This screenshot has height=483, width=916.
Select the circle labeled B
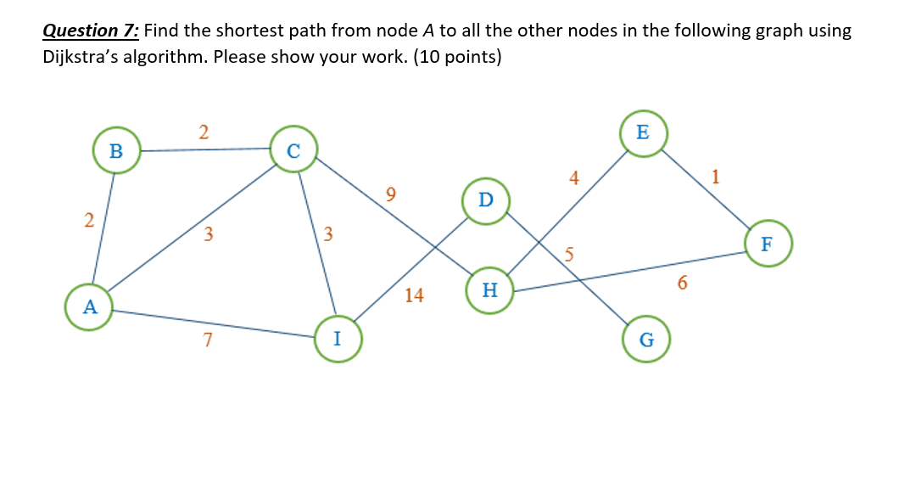[116, 151]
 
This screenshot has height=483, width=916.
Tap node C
[294, 151]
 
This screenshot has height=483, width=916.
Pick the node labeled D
[485, 200]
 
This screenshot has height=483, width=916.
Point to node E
[642, 132]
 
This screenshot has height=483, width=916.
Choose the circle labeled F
[768, 244]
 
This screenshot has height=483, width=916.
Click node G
[646, 340]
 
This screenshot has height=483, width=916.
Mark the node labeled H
[489, 290]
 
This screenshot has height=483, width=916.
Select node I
[338, 339]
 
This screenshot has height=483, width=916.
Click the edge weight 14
[415, 295]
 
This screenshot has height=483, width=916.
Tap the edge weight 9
[390, 194]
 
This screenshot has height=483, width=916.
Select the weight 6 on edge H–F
[683, 283]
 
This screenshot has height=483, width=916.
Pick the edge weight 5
[570, 253]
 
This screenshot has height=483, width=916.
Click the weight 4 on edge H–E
[574, 178]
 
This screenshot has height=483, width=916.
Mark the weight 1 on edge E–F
[717, 177]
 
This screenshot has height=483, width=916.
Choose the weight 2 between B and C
[203, 132]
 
